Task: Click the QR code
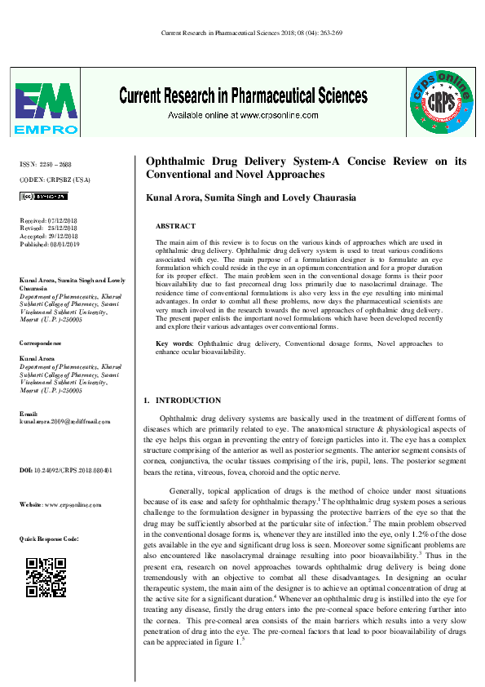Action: (46, 577)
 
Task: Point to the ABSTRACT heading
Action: (175, 226)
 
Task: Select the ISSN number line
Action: (45, 165)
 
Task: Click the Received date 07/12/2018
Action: (48, 221)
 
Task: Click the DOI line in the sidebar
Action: (65, 471)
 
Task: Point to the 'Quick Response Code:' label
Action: (49, 539)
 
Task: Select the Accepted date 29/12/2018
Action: (49, 236)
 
